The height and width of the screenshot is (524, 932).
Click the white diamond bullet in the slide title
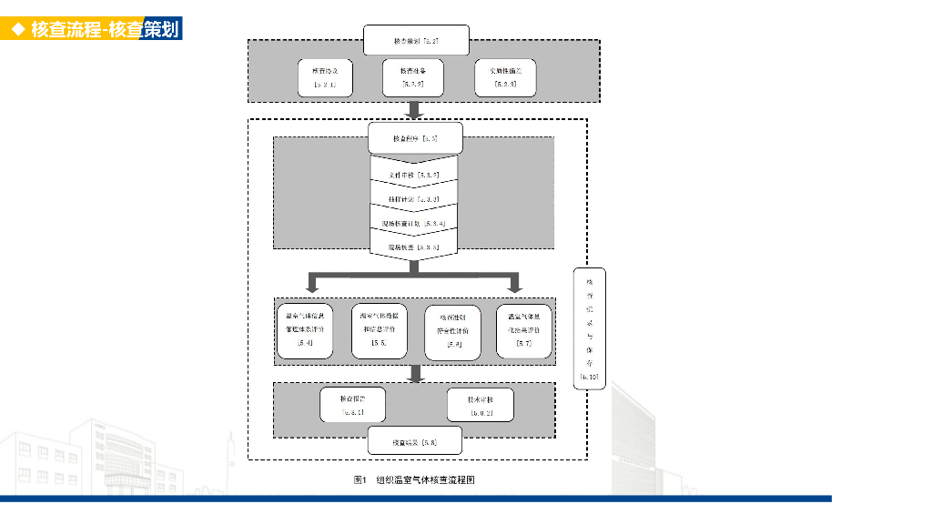[x=16, y=30]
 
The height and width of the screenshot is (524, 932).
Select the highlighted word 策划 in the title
[x=161, y=30]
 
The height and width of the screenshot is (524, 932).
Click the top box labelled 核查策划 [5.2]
[x=416, y=41]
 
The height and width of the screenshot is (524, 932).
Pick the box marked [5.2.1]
[x=325, y=77]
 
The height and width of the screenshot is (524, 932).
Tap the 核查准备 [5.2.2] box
[x=415, y=77]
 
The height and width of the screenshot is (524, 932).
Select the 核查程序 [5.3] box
[x=416, y=139]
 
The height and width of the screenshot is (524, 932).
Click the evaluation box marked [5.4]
[x=305, y=331]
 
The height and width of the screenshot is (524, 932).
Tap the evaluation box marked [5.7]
[x=524, y=331]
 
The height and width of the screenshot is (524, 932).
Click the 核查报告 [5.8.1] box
[x=352, y=405]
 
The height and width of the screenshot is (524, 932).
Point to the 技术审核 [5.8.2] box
[x=481, y=405]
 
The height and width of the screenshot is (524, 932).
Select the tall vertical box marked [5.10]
[x=590, y=328]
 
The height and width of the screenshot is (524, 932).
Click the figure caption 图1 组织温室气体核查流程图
[x=414, y=479]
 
